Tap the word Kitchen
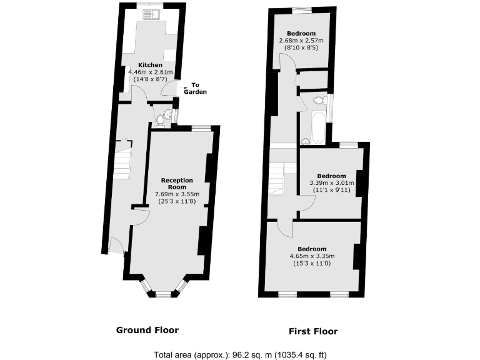[x=150, y=65]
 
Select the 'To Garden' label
[x=195, y=88]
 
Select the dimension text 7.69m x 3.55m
[x=177, y=194]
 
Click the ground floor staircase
[x=122, y=159]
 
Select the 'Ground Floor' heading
[x=147, y=330]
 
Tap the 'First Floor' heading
[x=312, y=331]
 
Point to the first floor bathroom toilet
[x=319, y=100]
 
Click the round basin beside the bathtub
[x=306, y=141]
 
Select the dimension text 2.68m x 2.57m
[x=301, y=41]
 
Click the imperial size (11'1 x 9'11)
[x=331, y=190]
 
